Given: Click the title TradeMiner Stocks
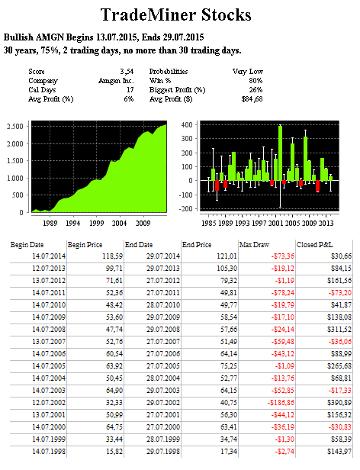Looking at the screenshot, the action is click(x=175, y=15).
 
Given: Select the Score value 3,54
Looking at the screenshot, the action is click(x=127, y=72).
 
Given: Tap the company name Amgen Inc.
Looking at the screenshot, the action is click(x=116, y=81).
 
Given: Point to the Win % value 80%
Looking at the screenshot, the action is click(x=256, y=81).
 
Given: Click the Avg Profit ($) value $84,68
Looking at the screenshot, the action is click(x=252, y=99).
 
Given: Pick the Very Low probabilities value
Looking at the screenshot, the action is click(x=248, y=72).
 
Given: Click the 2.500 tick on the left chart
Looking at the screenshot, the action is click(x=15, y=126).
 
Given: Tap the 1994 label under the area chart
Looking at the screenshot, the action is click(x=73, y=223).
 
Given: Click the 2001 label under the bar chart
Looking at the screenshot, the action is click(x=276, y=223).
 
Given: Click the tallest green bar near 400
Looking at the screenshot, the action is click(x=280, y=153).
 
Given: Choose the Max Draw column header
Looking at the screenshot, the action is click(x=254, y=245).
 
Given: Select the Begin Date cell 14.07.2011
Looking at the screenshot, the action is click(x=49, y=292).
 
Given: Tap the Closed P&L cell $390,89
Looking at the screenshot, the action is click(x=339, y=403).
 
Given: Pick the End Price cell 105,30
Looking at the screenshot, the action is click(x=227, y=269).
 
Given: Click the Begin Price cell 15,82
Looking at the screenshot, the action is click(x=114, y=452).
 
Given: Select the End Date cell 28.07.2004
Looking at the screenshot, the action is click(x=163, y=378).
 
